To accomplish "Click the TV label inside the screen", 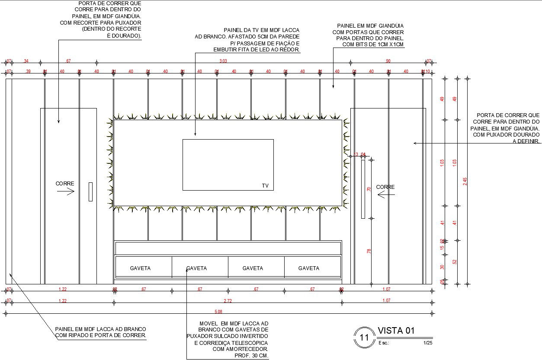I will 265,186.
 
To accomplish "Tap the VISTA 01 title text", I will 396,331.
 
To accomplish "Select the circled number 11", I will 364,338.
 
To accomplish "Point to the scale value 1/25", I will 428,343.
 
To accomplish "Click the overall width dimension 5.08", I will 219,311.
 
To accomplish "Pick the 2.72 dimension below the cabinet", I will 228,300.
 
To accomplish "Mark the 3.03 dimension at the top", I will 223,61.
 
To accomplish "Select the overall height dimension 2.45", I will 465,182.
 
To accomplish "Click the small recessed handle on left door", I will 90,191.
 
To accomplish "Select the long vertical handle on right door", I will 363,189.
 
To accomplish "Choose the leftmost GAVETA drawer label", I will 140,268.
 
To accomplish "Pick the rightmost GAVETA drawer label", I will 309,268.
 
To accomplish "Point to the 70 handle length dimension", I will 369,189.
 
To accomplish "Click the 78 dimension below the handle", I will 369,250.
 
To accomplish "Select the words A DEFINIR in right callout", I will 526,141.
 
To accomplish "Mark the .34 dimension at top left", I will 26,61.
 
